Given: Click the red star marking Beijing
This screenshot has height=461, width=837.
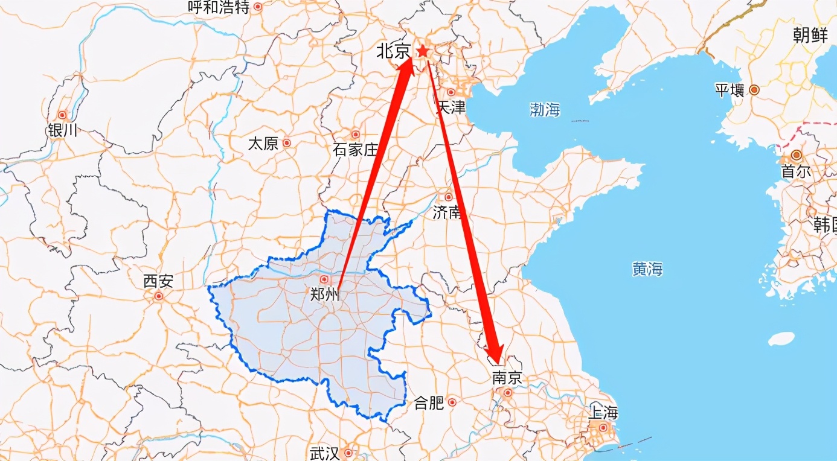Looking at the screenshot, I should pos(423,52).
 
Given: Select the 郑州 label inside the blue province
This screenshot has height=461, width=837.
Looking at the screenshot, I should pos(325,295).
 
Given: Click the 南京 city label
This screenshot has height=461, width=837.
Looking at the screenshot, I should pos(506,378).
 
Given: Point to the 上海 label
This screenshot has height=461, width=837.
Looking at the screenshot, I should pos(603,413).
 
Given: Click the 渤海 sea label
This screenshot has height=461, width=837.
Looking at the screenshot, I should pos(545,109).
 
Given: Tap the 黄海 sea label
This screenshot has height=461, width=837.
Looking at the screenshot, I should pos(647,270).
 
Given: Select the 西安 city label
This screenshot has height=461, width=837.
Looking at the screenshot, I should pos(158,281).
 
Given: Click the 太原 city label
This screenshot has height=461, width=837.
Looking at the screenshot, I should pos(263,144).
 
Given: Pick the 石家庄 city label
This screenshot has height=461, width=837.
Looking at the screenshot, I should pos(355,150).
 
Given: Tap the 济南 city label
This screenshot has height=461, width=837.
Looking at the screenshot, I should pos(447,212).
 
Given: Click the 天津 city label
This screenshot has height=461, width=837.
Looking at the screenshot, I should pos(451,107).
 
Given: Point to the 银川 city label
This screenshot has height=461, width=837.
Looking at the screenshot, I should pos(62,130).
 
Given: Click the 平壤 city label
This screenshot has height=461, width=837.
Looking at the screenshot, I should pos(730,91).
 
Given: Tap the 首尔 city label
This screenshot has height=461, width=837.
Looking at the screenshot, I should pos(796,171).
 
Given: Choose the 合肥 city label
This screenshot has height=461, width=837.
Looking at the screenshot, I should pos(429,403).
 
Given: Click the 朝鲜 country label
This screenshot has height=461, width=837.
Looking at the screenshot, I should pos(810,36).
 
